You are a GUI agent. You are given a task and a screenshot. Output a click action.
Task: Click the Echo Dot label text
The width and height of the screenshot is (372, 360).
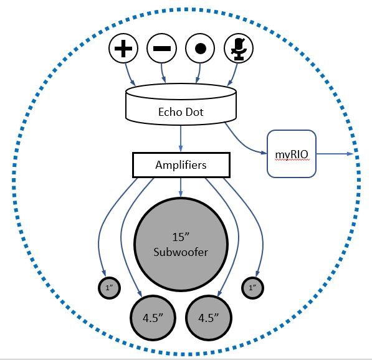(181, 113)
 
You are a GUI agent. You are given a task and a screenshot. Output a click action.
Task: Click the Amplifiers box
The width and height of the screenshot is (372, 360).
(181, 165)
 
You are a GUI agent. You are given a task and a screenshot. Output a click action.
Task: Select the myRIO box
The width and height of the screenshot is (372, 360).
(292, 153)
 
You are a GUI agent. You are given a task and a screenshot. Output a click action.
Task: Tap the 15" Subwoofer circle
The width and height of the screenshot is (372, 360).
(181, 243)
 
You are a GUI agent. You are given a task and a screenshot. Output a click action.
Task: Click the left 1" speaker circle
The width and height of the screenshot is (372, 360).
(110, 288)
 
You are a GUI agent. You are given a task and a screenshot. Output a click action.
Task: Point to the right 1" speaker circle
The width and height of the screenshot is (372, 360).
(252, 288)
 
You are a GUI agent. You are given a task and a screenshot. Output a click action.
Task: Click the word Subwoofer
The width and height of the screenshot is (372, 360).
(181, 252)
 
